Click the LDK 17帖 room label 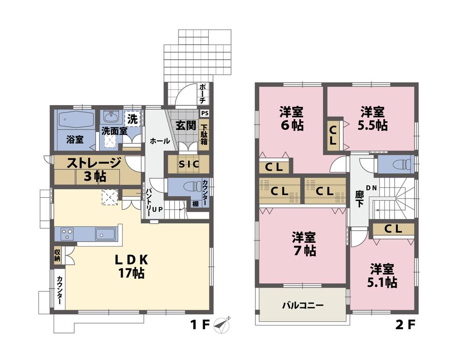131,267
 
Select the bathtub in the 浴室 75,120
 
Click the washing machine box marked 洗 133,119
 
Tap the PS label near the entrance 204,113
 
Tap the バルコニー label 302,306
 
